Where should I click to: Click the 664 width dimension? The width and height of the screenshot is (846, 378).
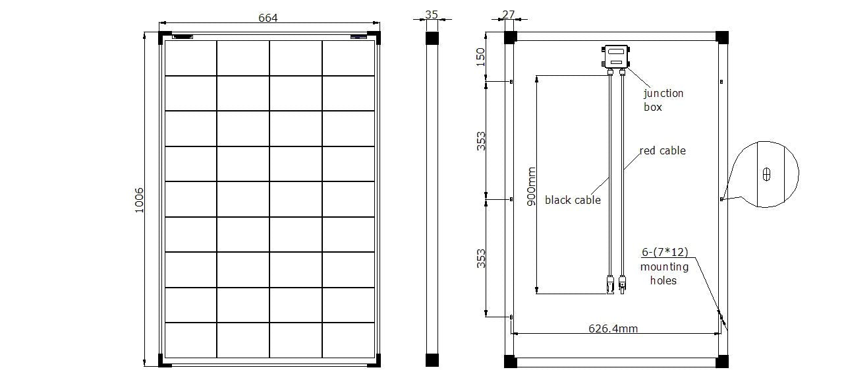click(x=268, y=18)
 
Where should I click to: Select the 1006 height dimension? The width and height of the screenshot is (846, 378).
click(x=140, y=200)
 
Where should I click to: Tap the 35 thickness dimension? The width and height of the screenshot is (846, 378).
click(x=432, y=15)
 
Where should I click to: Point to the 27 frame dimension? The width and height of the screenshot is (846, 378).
click(x=509, y=15)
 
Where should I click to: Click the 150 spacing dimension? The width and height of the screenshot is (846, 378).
click(x=480, y=57)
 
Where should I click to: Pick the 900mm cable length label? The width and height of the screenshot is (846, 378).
click(x=531, y=186)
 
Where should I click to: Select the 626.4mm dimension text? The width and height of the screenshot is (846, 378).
click(x=613, y=329)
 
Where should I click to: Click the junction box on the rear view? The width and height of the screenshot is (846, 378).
click(x=616, y=57)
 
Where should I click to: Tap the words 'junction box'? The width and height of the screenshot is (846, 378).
click(x=663, y=100)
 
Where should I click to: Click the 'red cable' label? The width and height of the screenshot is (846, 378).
click(x=662, y=150)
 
